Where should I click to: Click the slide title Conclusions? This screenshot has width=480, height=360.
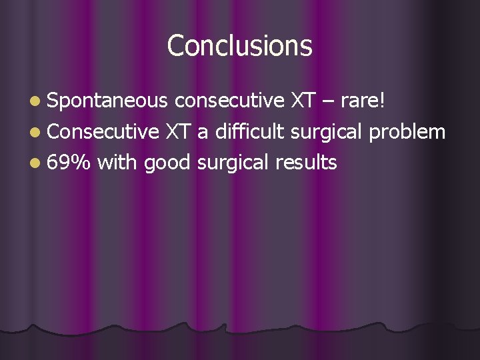pyautogui.click(x=239, y=46)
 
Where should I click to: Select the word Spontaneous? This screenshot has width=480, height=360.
pyautogui.click(x=107, y=101)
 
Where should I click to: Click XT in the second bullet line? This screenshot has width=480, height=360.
pyautogui.click(x=179, y=131)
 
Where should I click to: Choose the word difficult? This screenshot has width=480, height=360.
pyautogui.click(x=247, y=131)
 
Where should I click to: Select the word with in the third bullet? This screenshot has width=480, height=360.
pyautogui.click(x=117, y=162)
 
